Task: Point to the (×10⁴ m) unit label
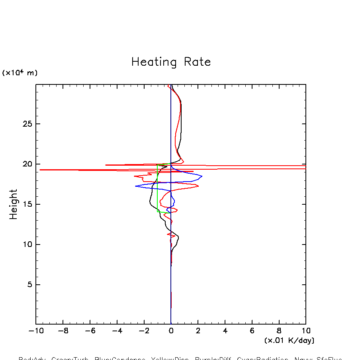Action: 20,73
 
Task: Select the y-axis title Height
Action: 14,204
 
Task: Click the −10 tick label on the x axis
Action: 34,331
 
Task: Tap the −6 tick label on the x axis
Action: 88,331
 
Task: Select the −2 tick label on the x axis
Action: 142,331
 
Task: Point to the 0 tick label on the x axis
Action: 171,331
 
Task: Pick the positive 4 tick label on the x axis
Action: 225,331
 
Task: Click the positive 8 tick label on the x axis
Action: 279,331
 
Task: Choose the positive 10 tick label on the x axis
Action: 306,331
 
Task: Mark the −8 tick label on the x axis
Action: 61,331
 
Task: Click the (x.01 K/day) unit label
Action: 290,340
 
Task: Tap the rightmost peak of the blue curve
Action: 202,176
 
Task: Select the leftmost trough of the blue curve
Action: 135,186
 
